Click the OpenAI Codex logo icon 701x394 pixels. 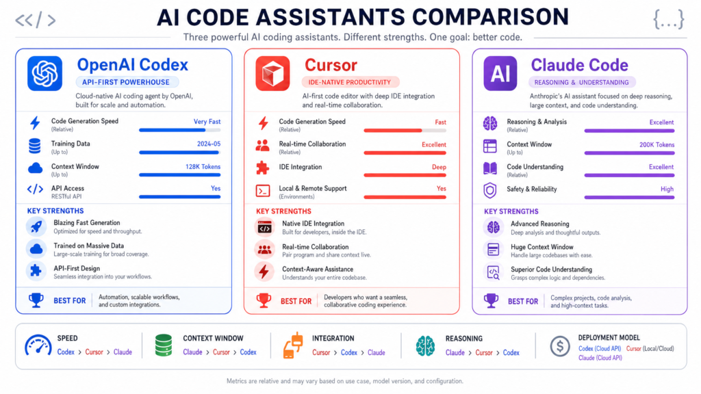tap(44, 74)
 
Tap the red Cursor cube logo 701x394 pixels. tap(272, 74)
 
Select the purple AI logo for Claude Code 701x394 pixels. tap(500, 74)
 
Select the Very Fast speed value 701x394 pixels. tap(207, 122)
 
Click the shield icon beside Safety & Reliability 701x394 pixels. tap(490, 190)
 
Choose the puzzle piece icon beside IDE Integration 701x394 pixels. tap(263, 168)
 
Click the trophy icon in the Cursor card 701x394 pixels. tap(263, 300)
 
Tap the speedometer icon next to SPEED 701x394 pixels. tap(38, 345)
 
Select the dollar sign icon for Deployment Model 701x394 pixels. tap(560, 346)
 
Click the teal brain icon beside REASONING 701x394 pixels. tap(425, 345)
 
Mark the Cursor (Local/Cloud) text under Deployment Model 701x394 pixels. tap(650, 348)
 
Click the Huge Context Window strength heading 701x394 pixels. tap(541, 247)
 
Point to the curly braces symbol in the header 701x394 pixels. tap(668, 20)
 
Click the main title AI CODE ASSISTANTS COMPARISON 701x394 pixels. tap(362, 16)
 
